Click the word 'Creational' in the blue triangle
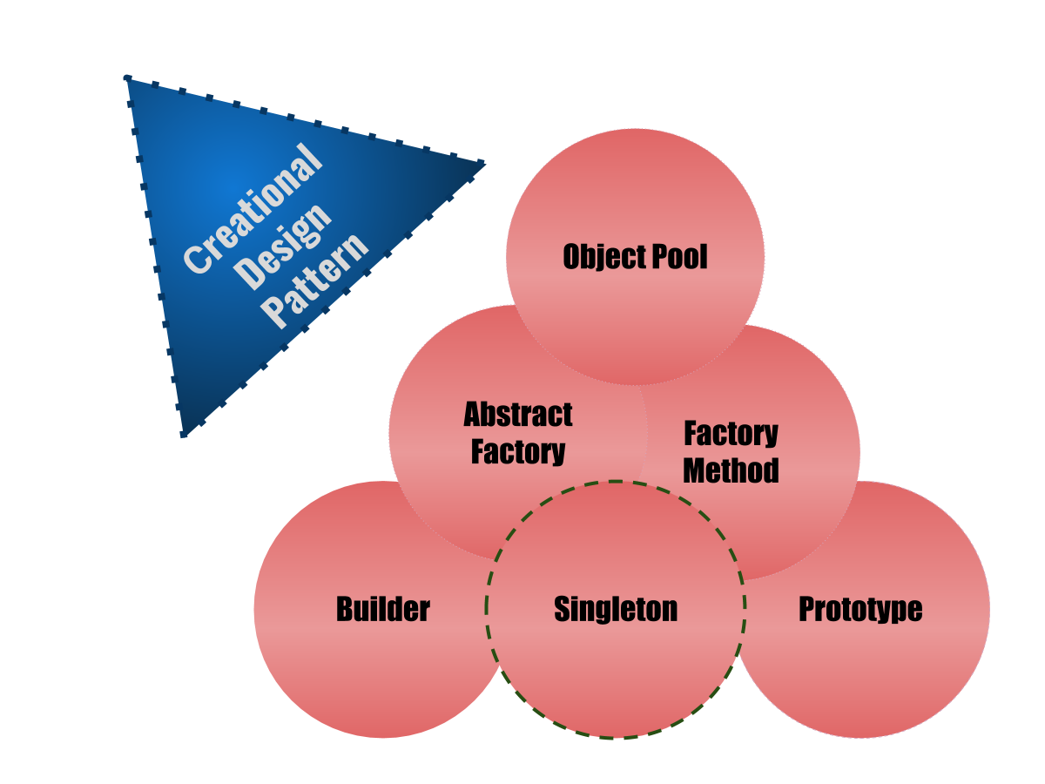coord(253,210)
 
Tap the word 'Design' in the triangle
coord(285,247)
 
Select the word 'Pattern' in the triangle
coord(316,280)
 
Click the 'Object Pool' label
coord(635,257)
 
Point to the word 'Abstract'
coord(518,415)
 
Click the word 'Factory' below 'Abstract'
coord(518,452)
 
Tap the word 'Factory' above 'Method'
coord(731,433)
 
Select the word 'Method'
coord(731,470)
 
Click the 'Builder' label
coord(383,609)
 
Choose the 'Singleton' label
coord(616,609)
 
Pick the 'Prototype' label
coord(860,609)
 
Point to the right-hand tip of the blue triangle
coord(483,163)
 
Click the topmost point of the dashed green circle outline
coord(616,481)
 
